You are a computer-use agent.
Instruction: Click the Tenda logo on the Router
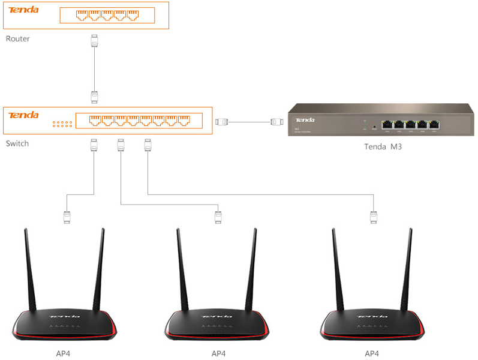(24, 10)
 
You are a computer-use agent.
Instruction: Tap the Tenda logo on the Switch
(24, 115)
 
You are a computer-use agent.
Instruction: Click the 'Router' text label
(17, 38)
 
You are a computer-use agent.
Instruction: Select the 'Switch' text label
(17, 143)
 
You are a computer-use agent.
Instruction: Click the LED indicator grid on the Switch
(62, 124)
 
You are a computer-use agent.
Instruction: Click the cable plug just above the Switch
(94, 96)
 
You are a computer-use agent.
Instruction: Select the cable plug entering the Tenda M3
(276, 122)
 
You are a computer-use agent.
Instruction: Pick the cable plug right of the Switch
(222, 122)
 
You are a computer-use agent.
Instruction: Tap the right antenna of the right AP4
(407, 270)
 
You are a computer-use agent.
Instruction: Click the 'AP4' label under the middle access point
(218, 353)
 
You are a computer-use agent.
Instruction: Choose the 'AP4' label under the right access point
(372, 353)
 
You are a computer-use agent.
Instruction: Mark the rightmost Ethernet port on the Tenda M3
(434, 125)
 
